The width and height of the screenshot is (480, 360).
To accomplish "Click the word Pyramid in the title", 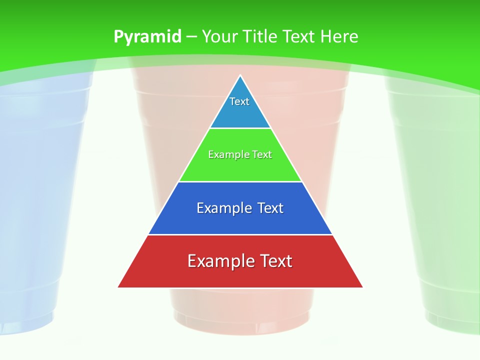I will click(147, 37).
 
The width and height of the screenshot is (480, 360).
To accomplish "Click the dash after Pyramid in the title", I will click(191, 37).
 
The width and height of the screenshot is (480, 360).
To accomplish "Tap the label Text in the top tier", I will click(239, 101).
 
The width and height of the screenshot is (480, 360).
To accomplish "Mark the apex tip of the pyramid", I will click(240, 76).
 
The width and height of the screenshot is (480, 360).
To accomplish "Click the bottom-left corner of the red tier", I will click(119, 287).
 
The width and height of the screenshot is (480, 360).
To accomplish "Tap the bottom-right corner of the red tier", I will click(362, 287).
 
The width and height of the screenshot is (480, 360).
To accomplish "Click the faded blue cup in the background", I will click(35, 200).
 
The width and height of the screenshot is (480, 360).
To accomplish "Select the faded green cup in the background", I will click(440, 200).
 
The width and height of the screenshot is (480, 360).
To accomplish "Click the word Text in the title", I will click(301, 37).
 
